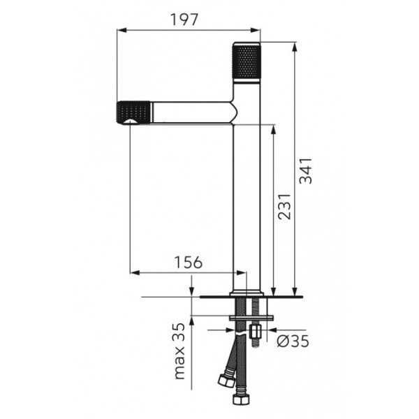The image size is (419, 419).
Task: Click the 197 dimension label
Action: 184,20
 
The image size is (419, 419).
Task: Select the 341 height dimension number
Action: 305,171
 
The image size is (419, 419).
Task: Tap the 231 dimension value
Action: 284,207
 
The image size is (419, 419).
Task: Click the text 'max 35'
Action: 179,351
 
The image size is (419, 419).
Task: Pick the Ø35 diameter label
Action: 293,341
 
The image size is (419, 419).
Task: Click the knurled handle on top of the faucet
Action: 247,61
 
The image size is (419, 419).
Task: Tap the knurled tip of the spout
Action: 133,113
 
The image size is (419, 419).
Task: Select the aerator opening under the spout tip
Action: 130,122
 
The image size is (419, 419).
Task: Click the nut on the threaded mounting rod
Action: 255,331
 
